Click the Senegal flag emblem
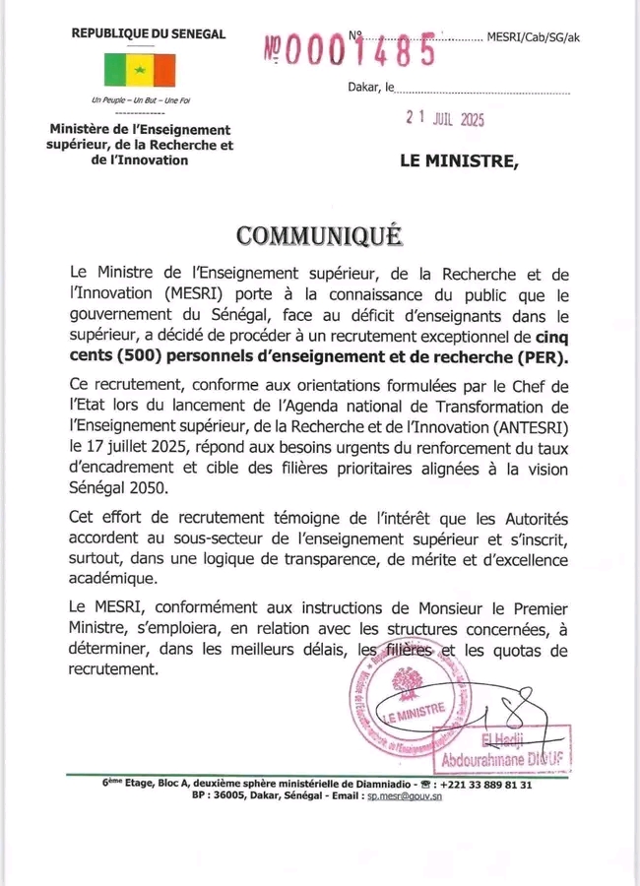pos(140,69)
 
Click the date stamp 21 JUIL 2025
pos(446,119)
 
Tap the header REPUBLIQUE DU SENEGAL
pos(149,34)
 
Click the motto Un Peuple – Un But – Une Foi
pos(140,100)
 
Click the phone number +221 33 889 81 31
pos(482,785)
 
